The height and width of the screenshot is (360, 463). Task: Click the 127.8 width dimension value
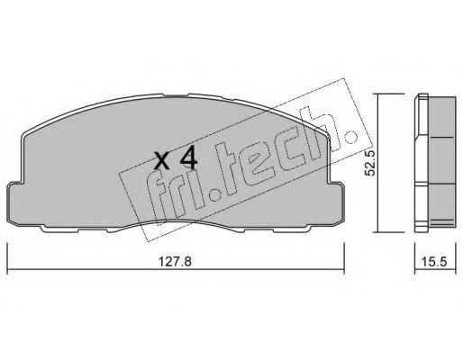(x=175, y=262)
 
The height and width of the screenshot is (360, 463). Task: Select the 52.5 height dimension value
(x=369, y=163)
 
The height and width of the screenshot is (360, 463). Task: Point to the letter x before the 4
(x=162, y=161)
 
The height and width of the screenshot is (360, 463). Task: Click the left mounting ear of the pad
(x=15, y=203)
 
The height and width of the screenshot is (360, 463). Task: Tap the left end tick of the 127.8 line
(x=7, y=258)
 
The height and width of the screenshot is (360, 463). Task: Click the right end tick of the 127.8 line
(x=344, y=258)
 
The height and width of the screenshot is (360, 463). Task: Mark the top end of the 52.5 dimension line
(x=378, y=94)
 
